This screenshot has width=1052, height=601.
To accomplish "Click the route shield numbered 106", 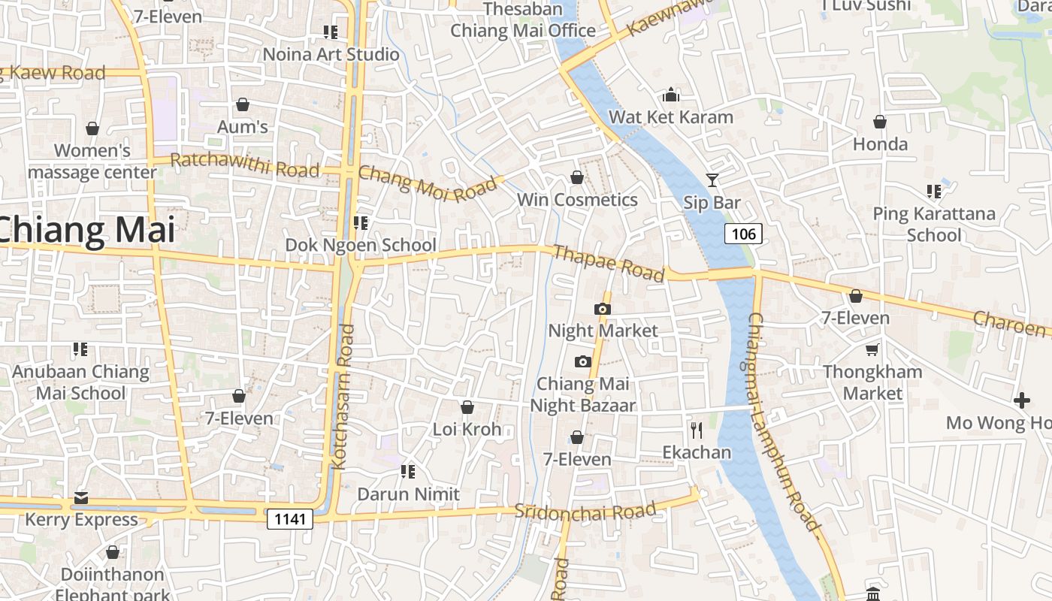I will pos(743,234).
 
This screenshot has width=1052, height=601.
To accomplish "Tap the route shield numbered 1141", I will pos(289,518).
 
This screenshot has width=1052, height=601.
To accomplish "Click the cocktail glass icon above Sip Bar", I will pos(712,180).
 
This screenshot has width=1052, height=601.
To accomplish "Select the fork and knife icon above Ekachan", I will pos(697,430).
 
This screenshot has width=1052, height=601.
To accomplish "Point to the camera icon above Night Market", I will pos(602,309).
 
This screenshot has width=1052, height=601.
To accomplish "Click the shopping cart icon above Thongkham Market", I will pos(872,349).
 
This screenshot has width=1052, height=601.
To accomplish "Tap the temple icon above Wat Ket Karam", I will pos(671,95).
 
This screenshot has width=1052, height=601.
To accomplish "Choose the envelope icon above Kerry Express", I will pos(81,497).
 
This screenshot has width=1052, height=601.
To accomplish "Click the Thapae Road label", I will pos(609,263).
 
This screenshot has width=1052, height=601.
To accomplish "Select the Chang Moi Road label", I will pos(428,183).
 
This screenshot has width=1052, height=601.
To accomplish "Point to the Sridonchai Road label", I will pos(585,511).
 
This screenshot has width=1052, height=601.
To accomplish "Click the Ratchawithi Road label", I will pos(245,165).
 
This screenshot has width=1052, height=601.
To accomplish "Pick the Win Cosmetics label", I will pos(577,200).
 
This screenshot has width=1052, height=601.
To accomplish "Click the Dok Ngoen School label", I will pos(360,245).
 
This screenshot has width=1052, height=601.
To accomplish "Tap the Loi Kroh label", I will pos(467,430).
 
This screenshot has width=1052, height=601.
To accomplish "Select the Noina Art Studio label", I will pos(331,54).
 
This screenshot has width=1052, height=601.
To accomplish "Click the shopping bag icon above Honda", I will pos(880,122).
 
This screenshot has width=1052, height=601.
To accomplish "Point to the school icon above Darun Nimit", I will pos(408,472).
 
